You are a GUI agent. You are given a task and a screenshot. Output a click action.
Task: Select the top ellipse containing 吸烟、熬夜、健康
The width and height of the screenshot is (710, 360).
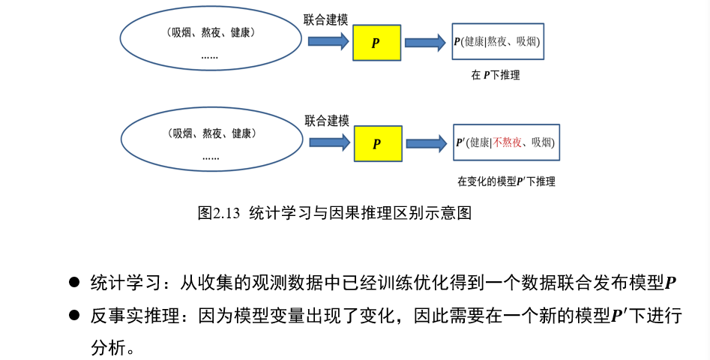[x=210, y=41]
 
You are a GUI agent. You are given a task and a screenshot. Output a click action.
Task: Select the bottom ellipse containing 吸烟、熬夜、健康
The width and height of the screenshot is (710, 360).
[x=211, y=142]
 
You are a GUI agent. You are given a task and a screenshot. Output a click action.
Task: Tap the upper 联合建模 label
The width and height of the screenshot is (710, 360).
[x=325, y=19]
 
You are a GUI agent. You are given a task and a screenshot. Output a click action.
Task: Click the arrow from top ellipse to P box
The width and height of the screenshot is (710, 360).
[x=325, y=42]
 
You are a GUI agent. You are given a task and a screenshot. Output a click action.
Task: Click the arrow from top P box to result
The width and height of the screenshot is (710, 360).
[x=425, y=42]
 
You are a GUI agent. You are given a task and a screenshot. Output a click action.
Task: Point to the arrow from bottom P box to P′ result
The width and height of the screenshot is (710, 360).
[x=425, y=142]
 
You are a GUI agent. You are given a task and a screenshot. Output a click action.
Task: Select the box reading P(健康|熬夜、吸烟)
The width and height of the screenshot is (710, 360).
[x=497, y=42]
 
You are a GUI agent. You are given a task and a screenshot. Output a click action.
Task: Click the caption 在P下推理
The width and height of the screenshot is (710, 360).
[x=495, y=75]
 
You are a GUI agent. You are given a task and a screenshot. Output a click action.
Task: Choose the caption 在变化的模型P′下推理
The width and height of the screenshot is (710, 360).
[x=506, y=181]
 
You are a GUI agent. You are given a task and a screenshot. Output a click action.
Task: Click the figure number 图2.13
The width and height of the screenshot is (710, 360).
[x=218, y=212]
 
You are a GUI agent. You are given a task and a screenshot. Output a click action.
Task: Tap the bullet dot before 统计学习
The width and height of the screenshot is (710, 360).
[x=74, y=283]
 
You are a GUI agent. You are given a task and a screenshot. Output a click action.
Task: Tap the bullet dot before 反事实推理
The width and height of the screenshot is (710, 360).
[x=74, y=316]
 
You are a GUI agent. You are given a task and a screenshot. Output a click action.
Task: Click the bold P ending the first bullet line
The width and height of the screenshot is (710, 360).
[x=671, y=283]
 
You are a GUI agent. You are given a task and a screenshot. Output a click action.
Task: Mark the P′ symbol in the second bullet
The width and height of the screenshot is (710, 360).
[x=619, y=316]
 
